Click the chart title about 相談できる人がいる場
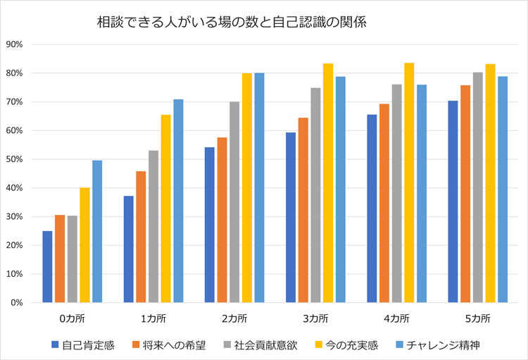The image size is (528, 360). point(232,23)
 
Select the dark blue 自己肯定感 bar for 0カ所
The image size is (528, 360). point(47,267)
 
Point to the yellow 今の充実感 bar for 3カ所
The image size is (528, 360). point(328,183)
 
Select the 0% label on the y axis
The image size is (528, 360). point(17,303)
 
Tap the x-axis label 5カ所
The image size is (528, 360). point(478,318)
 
